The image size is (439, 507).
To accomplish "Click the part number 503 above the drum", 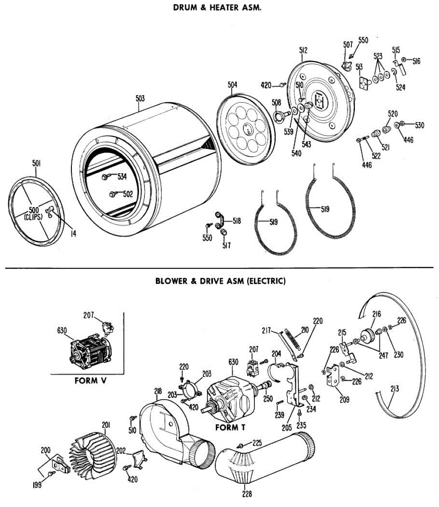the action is (140, 98).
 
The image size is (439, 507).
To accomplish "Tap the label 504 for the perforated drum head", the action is (232, 84).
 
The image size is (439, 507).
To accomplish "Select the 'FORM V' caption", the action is (91, 381).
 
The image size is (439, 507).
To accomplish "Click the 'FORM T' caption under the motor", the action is (230, 428).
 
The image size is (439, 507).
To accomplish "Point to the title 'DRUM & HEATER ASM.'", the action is (217, 8).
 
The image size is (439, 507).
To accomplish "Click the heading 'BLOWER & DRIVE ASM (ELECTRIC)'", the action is (221, 281).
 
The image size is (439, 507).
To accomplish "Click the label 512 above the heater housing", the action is (303, 50).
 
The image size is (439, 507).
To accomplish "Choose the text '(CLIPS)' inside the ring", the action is (33, 217).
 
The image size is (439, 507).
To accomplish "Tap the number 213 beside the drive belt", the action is (395, 389).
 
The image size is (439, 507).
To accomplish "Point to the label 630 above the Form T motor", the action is (233, 362).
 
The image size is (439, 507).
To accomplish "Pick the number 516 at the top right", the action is (416, 61).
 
